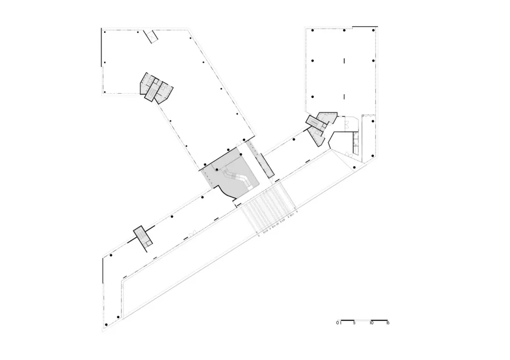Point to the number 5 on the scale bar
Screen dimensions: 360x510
354,323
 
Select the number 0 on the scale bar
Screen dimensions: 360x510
337,323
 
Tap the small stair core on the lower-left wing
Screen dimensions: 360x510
142,238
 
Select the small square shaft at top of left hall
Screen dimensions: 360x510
151,37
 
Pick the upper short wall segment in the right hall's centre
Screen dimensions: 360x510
345,61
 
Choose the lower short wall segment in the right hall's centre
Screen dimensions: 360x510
345,96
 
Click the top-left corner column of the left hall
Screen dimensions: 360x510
105,32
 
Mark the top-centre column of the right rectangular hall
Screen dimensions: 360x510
345,30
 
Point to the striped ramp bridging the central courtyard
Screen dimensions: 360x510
268,210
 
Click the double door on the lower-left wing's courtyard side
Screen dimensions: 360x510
192,234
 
